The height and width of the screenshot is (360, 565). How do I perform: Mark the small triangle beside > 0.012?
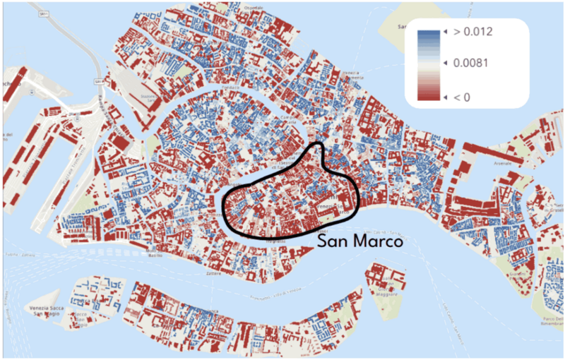445,32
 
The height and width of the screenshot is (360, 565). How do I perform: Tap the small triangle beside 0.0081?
445,64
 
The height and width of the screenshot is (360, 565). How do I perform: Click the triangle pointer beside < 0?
445,96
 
